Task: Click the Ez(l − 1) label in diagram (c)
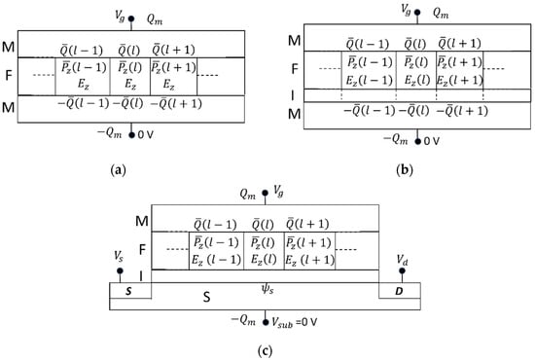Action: (208, 257)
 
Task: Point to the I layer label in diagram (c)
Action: (140, 276)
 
